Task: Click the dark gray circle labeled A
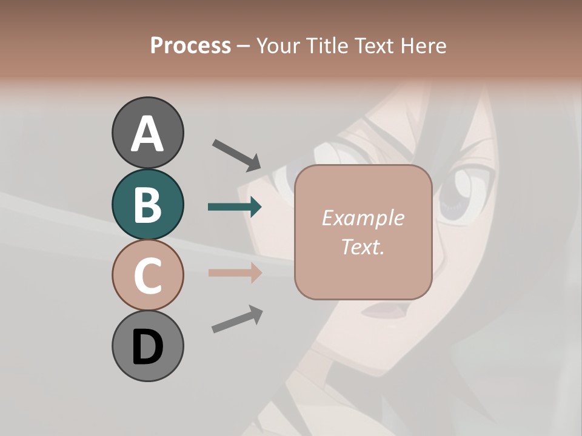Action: point(147,133)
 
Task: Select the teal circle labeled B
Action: point(147,204)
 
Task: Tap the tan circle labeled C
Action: point(147,275)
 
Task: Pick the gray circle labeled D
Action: point(147,346)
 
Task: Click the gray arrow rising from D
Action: point(237,319)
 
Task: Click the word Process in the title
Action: point(190,46)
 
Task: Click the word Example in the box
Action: point(363,218)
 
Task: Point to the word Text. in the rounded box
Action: point(363,246)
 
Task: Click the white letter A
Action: point(147,134)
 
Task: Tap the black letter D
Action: point(147,347)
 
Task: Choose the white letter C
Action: point(147,276)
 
